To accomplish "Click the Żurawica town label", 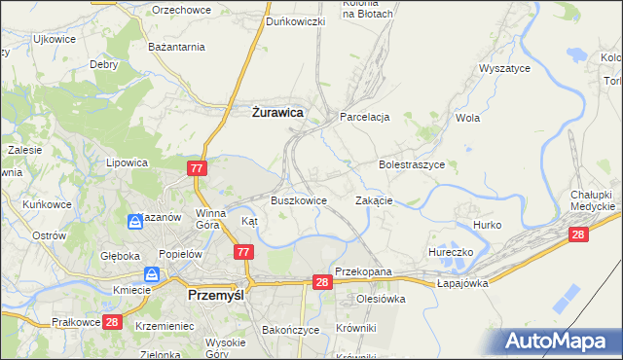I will (272, 113).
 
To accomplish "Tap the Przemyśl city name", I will (221, 293).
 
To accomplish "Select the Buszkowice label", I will (298, 200).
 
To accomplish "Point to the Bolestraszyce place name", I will (412, 165).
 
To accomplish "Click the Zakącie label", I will (374, 200).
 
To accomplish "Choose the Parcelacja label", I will (364, 117).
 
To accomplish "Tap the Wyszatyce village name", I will (503, 69).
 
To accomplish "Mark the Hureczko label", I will (451, 252).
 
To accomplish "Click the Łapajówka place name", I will (462, 283).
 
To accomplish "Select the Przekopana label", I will (362, 272).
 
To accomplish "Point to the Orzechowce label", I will (181, 10).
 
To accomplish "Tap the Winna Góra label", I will (211, 219).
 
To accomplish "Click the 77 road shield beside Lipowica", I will (198, 168).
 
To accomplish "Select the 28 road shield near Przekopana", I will (323, 281).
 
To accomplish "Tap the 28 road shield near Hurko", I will (579, 234).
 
